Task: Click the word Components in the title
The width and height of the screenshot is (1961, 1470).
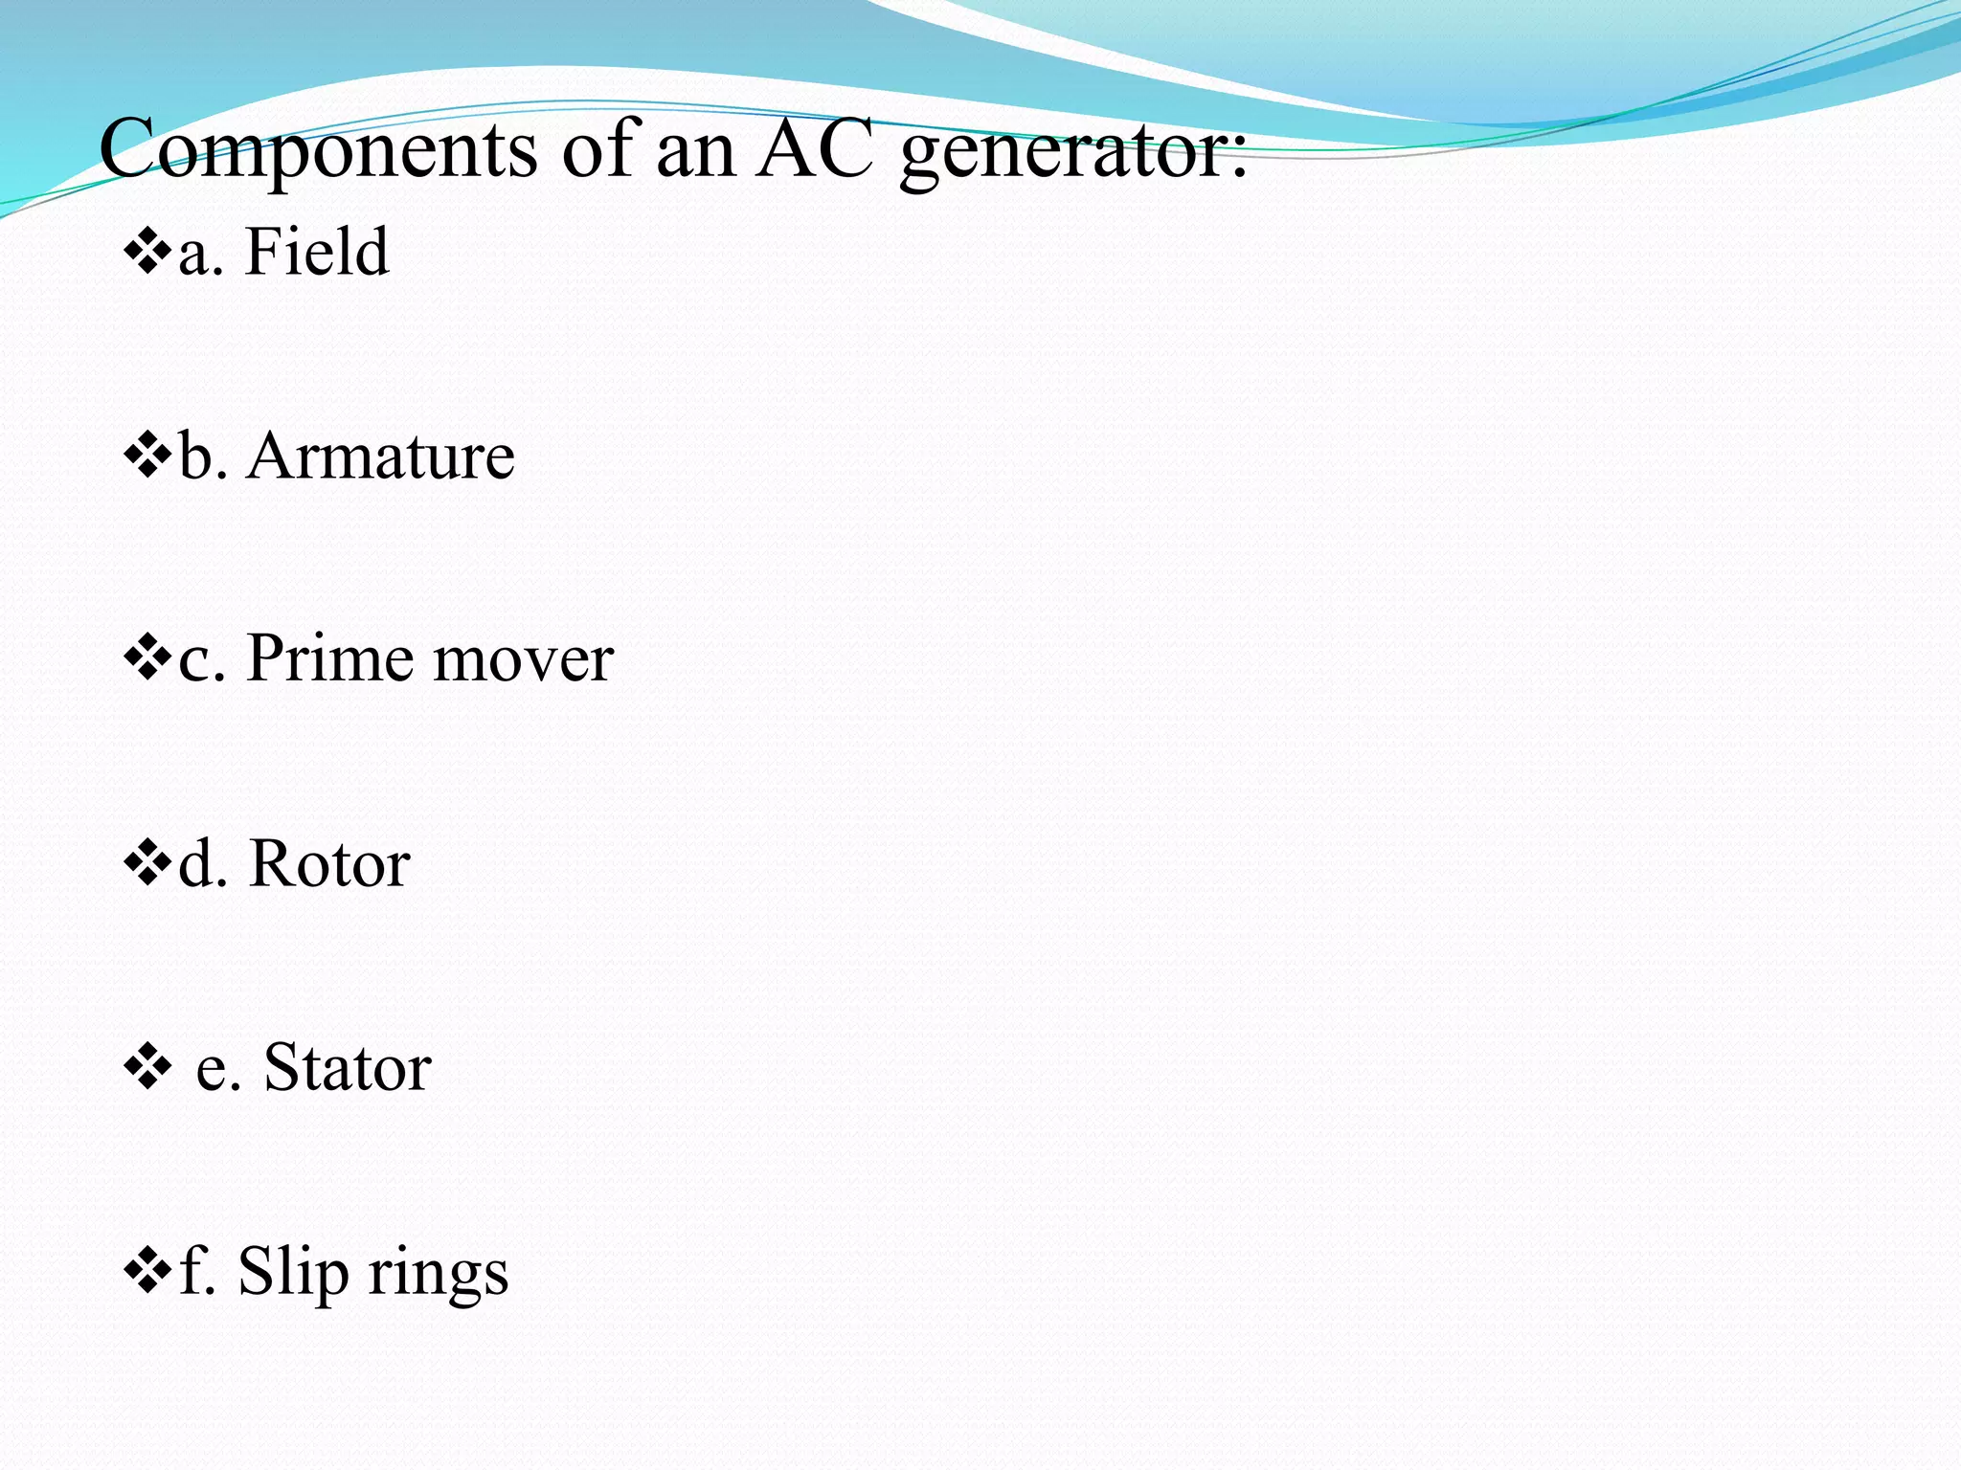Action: [x=318, y=151]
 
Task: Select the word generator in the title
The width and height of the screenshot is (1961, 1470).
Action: [x=1072, y=153]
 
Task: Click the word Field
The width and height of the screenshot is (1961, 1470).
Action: [x=317, y=252]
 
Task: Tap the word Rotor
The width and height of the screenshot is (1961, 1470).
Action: [x=329, y=864]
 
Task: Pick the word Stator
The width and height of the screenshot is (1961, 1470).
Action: [x=348, y=1068]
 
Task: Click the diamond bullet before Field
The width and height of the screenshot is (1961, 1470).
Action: [x=147, y=254]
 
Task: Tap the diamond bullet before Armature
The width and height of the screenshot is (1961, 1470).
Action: [x=147, y=457]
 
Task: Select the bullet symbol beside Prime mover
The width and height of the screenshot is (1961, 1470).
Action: [x=147, y=661]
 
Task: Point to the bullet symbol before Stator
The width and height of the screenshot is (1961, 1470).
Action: [x=147, y=1069]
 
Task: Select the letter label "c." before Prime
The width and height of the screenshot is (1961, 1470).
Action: [x=202, y=661]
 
